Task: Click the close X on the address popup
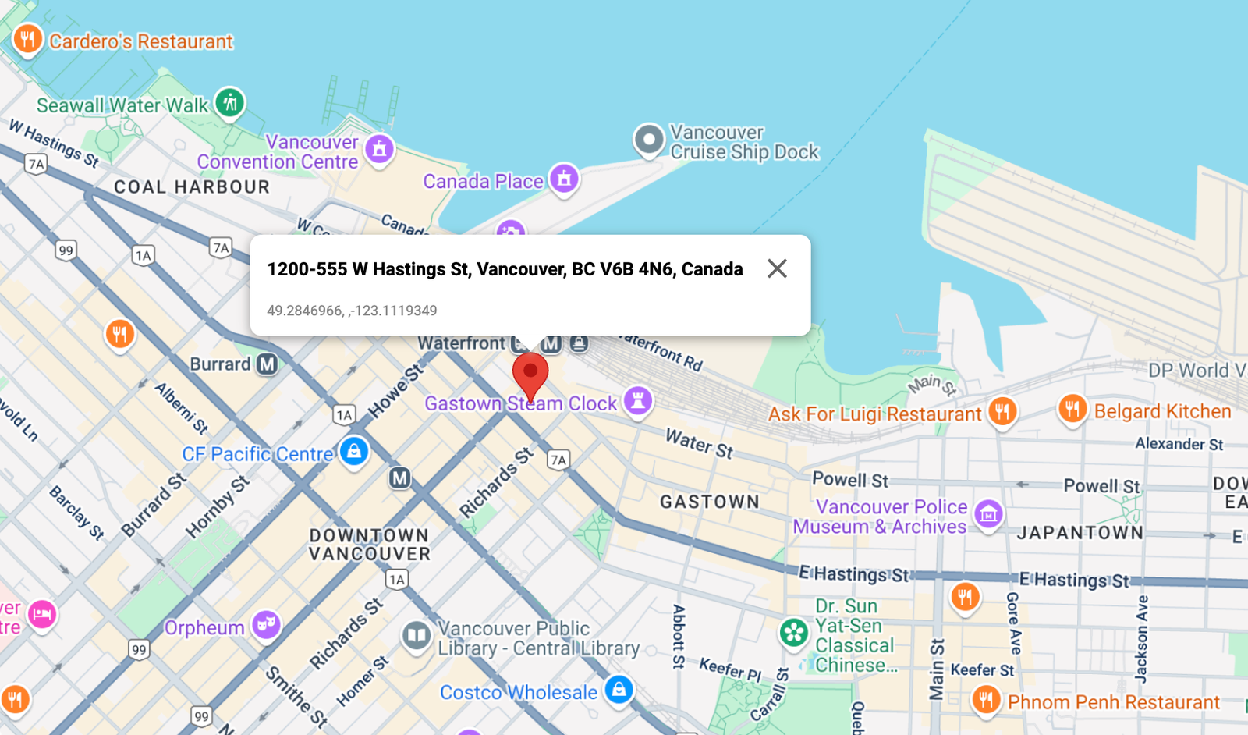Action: click(x=777, y=268)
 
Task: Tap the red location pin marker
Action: click(x=530, y=373)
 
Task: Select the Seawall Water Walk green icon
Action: click(x=230, y=102)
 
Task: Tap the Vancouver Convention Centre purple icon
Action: click(x=380, y=148)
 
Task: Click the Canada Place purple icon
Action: click(x=564, y=179)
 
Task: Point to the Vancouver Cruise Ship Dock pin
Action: click(x=648, y=140)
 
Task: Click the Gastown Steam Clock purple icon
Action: click(x=638, y=401)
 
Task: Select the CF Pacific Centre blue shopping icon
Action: click(x=354, y=451)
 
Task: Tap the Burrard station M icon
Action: click(x=268, y=364)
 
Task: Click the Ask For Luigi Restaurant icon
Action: click(x=1002, y=410)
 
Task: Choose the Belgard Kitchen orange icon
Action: click(x=1072, y=407)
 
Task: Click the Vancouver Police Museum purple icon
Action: click(x=989, y=513)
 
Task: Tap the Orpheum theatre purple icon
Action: click(x=267, y=624)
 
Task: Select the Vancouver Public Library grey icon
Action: click(x=417, y=635)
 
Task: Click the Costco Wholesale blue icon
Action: click(x=619, y=689)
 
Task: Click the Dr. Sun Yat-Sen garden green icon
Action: click(x=794, y=632)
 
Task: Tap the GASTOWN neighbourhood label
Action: click(x=710, y=502)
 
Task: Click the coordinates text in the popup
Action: click(x=352, y=311)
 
